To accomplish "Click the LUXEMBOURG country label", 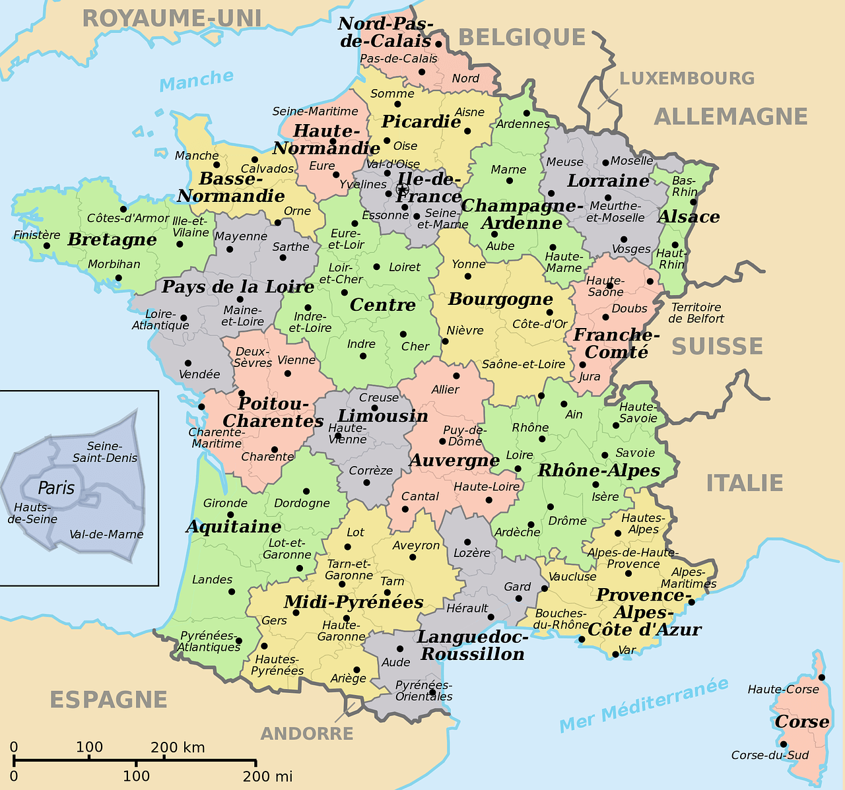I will coord(687,79).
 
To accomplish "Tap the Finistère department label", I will coord(36,235).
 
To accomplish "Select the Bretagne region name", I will coord(112,240).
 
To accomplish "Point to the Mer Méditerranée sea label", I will coord(644,705).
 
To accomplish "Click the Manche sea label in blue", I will coord(197,81).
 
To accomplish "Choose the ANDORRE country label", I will coord(307,734).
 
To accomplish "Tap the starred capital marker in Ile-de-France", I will coord(401,189).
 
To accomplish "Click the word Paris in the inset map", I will coord(56,488).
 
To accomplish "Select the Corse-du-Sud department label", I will coord(770,755).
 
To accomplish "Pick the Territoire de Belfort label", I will coord(696,313).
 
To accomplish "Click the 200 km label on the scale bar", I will coord(178,748).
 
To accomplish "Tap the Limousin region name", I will coord(383,416).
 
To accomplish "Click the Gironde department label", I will coord(225,503).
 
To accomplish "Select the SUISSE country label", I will coord(717,346).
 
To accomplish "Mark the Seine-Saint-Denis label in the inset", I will coord(105,452).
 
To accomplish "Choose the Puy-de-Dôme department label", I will coord(465,436).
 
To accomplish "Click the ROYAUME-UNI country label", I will coord(172,18).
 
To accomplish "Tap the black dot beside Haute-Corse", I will coord(821,677).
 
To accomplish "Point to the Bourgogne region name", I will coord(500,299).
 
